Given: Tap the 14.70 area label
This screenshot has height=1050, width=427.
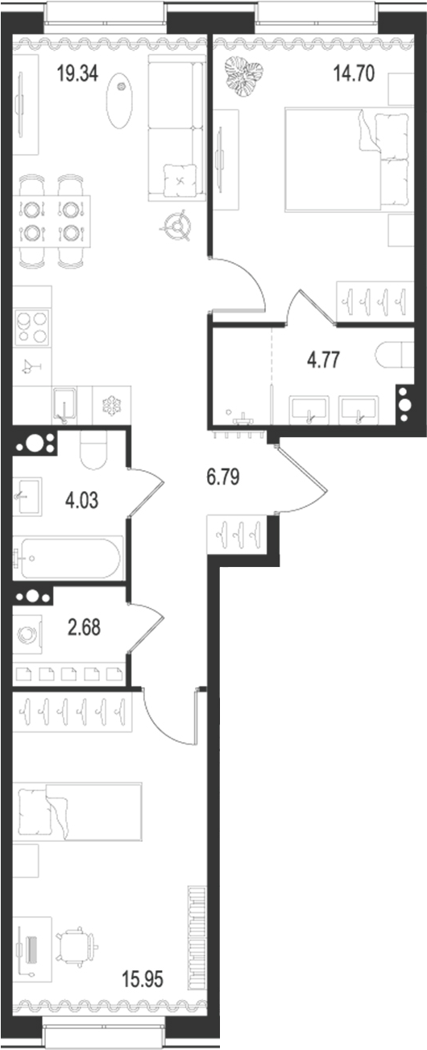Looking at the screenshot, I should coord(354,76).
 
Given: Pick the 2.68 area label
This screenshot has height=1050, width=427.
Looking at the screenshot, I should coord(84,628).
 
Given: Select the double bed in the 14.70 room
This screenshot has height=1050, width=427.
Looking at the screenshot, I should coord(346,160).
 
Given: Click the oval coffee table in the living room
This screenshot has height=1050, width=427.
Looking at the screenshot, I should coord(119,98).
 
